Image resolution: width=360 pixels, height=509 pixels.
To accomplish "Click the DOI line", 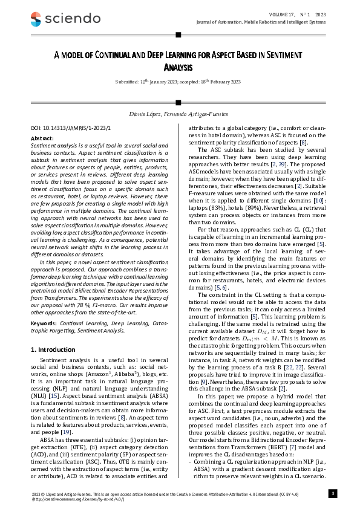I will [62, 129].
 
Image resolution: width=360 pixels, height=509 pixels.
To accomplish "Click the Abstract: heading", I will [42, 138].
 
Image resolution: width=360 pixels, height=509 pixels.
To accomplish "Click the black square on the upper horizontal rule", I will [180, 35].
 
